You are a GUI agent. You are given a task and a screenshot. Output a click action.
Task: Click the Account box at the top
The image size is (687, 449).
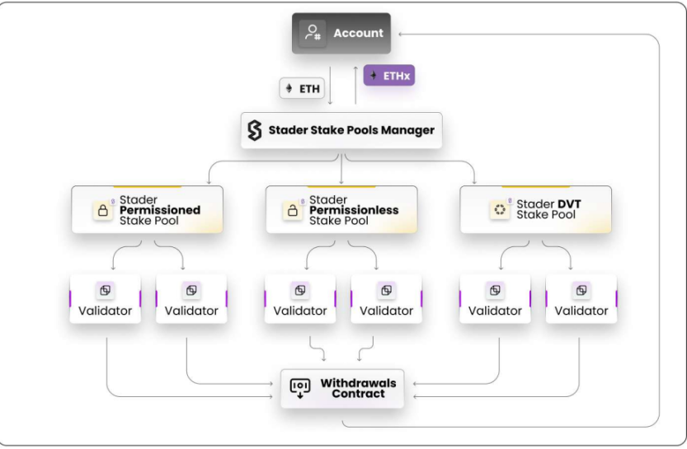point(341,34)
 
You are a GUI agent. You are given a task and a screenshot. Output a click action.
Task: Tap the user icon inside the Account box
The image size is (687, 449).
point(312,34)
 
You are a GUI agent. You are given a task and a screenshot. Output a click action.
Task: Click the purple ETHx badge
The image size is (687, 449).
point(389,76)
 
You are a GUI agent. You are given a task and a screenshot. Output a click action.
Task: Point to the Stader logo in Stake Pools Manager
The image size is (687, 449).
point(255,130)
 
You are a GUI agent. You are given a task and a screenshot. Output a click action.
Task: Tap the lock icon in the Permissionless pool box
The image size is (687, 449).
point(293,210)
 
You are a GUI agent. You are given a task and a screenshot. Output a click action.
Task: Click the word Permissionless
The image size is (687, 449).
point(354,210)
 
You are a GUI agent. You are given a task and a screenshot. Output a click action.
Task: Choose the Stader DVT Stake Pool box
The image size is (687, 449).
point(536,209)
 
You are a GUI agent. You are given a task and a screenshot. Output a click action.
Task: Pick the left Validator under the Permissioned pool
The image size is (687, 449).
point(105,299)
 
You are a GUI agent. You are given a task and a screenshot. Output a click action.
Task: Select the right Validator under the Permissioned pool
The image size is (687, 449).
point(191,299)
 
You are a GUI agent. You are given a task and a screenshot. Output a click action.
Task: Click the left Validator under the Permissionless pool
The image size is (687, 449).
point(300,299)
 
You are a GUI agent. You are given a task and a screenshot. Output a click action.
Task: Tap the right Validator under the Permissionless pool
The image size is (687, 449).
point(386,299)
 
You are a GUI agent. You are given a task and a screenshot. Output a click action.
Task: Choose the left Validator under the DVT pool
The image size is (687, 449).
point(495,299)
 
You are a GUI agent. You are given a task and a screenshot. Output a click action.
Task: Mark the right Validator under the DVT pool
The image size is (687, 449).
point(581,299)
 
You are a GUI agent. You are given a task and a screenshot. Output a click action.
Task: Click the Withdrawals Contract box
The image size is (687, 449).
point(342,389)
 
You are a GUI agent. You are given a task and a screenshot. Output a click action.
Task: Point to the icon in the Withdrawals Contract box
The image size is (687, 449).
point(299,388)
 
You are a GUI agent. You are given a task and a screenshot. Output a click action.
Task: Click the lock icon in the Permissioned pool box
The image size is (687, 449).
point(103,210)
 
